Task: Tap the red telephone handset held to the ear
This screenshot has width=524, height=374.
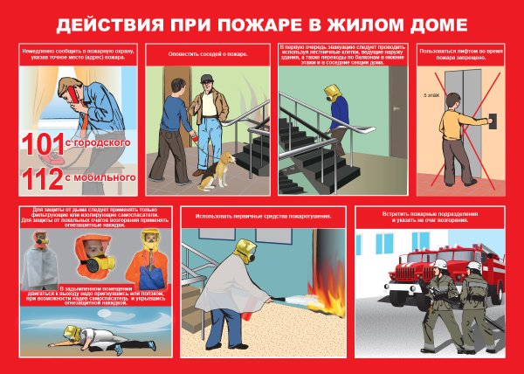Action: point(64,90)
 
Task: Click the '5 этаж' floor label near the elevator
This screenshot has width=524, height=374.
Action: point(431,93)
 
